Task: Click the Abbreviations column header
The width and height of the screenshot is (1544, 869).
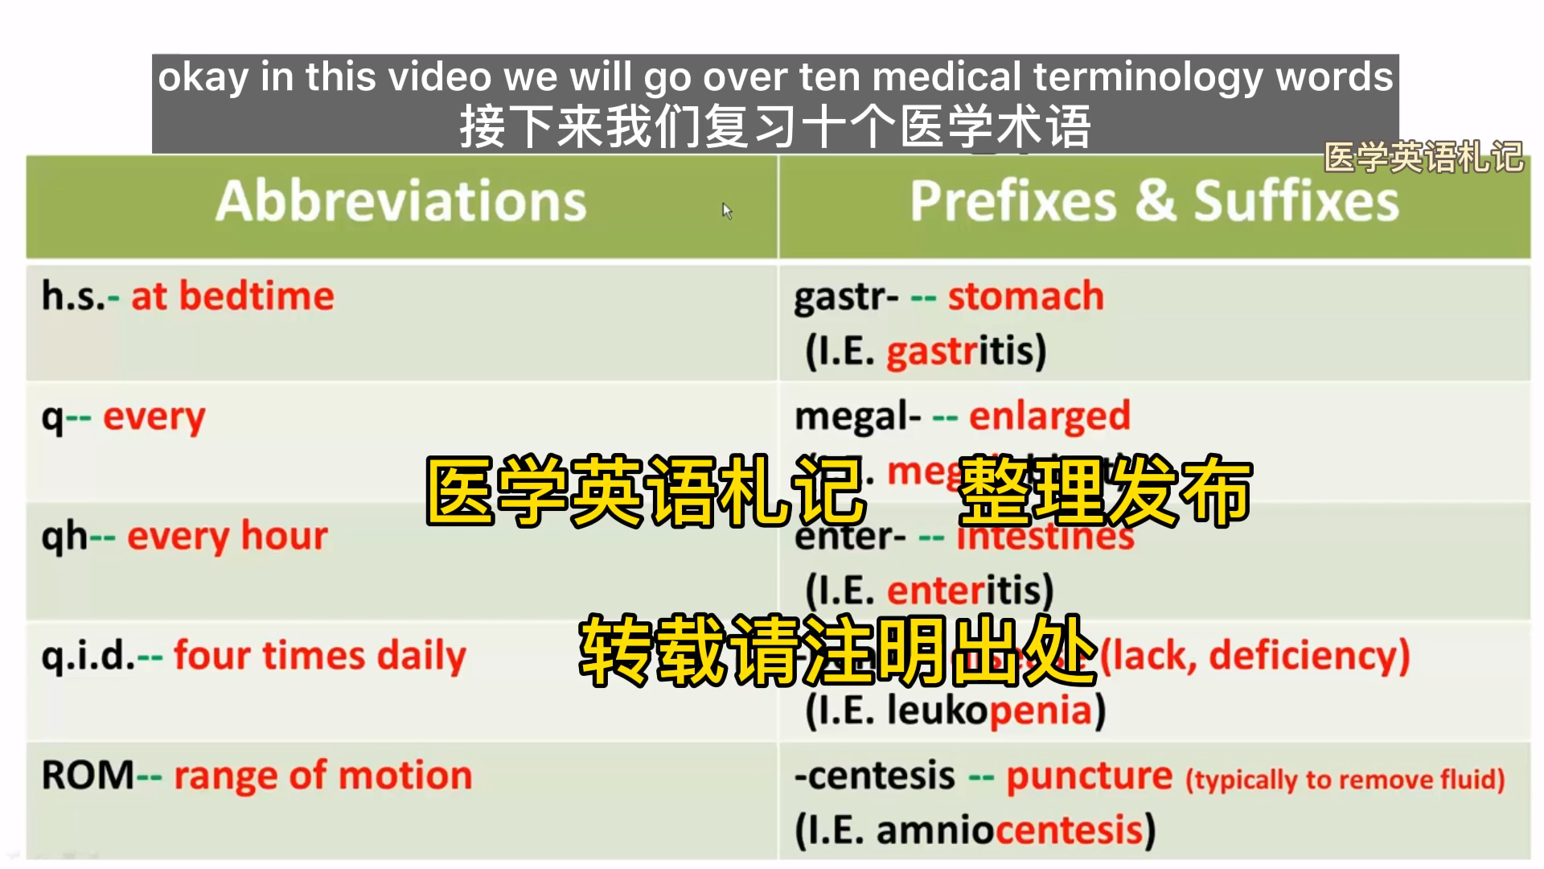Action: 400,201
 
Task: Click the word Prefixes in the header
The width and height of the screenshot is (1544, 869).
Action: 1012,201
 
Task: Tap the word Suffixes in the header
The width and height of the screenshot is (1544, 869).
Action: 1296,201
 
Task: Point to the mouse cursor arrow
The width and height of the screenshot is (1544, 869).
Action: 726,210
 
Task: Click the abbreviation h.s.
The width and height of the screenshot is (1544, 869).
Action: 73,297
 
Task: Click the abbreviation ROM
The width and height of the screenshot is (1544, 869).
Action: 88,775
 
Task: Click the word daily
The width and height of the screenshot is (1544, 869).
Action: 421,656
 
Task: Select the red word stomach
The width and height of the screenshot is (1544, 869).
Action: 1025,296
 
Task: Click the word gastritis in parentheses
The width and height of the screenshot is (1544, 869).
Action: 965,352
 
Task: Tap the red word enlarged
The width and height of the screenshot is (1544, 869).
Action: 1049,416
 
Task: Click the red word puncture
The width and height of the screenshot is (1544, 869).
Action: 1089,776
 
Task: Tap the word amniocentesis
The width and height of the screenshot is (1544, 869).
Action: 1009,830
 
